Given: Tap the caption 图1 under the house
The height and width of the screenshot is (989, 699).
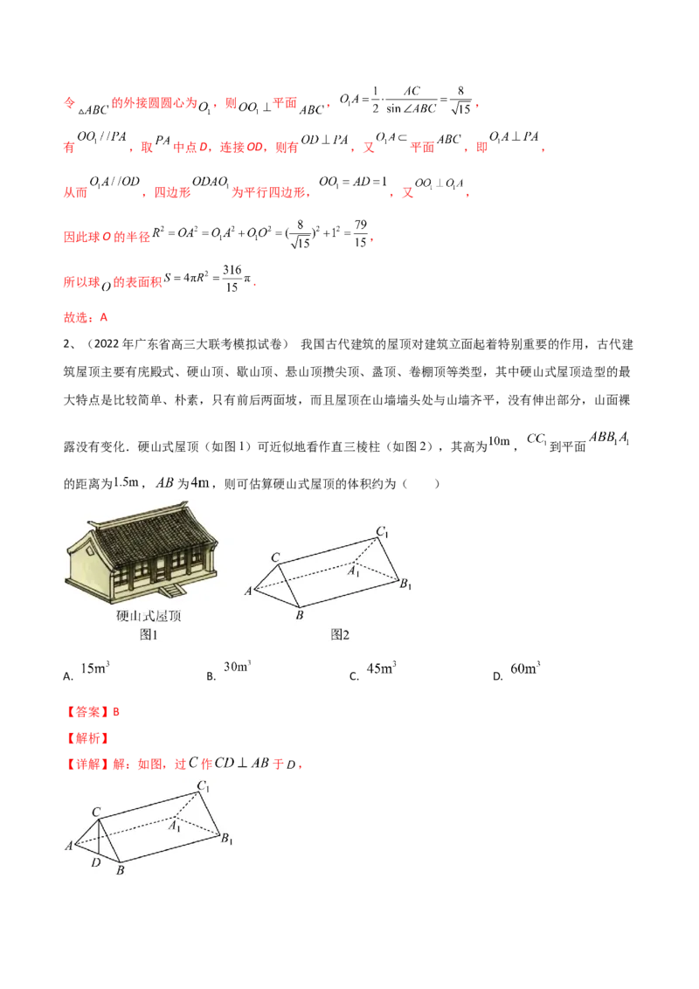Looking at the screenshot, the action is coord(149,634).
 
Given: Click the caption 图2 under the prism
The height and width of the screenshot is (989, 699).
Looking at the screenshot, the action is coord(340,634).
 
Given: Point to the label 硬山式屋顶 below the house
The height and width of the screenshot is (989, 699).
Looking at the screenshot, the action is coord(149,616).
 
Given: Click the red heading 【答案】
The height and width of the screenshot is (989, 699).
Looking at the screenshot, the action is coord(87,711).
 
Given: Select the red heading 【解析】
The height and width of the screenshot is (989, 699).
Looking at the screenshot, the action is coord(87,738).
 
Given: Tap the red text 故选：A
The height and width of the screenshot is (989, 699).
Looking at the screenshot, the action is coord(85,317).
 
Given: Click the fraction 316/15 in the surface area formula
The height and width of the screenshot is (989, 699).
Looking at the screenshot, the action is coord(232,278).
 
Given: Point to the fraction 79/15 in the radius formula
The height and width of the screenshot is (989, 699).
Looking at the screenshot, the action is coord(360,233).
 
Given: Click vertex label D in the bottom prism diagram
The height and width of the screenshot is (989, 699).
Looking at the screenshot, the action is coord(96,862).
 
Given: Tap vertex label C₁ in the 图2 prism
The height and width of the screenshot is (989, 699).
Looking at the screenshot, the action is coord(383,532).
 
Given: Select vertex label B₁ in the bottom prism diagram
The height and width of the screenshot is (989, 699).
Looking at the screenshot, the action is coord(226,838).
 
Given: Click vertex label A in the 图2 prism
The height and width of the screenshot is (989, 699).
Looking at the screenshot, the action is coord(248,591).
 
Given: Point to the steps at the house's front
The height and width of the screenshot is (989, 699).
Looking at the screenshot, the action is coord(171,591).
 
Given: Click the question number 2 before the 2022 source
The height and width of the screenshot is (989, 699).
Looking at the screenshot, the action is coord(66,343).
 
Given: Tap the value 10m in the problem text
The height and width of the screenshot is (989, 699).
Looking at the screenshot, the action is coord(499,441).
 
